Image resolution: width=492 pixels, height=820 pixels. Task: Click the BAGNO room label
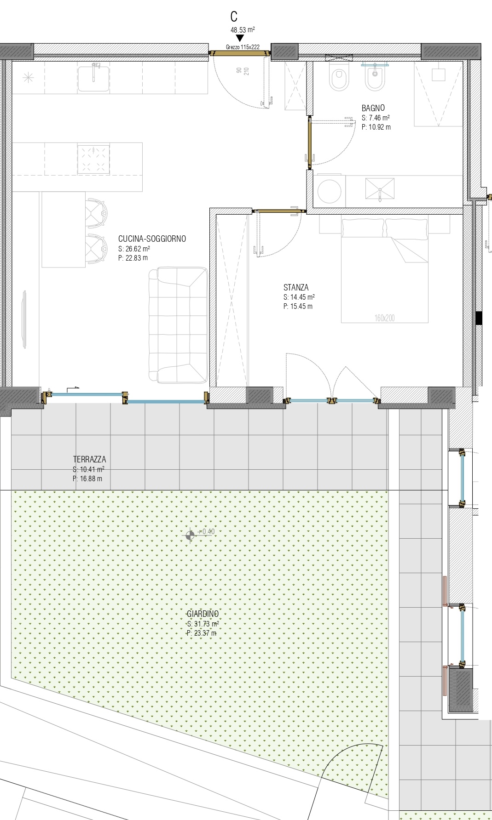373,108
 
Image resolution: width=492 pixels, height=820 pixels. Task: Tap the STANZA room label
296,288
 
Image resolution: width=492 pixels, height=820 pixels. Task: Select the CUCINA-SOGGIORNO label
152,239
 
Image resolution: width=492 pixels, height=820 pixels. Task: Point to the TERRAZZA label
89,459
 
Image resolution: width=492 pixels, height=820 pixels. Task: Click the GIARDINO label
203,614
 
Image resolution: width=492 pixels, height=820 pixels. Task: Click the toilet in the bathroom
339,78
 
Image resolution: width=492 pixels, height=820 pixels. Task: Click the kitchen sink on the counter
94,78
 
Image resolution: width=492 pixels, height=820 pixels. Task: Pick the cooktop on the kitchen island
93,159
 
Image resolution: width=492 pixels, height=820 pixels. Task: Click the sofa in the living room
178,326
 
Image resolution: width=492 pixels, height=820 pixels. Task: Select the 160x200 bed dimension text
384,318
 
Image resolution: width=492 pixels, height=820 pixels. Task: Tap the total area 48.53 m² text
243,30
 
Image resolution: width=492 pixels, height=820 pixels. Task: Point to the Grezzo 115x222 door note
243,47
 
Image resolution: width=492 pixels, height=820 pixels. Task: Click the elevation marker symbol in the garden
190,535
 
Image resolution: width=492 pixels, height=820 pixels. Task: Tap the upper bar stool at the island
98,212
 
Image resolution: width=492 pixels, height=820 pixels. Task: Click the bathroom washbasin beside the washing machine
380,190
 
